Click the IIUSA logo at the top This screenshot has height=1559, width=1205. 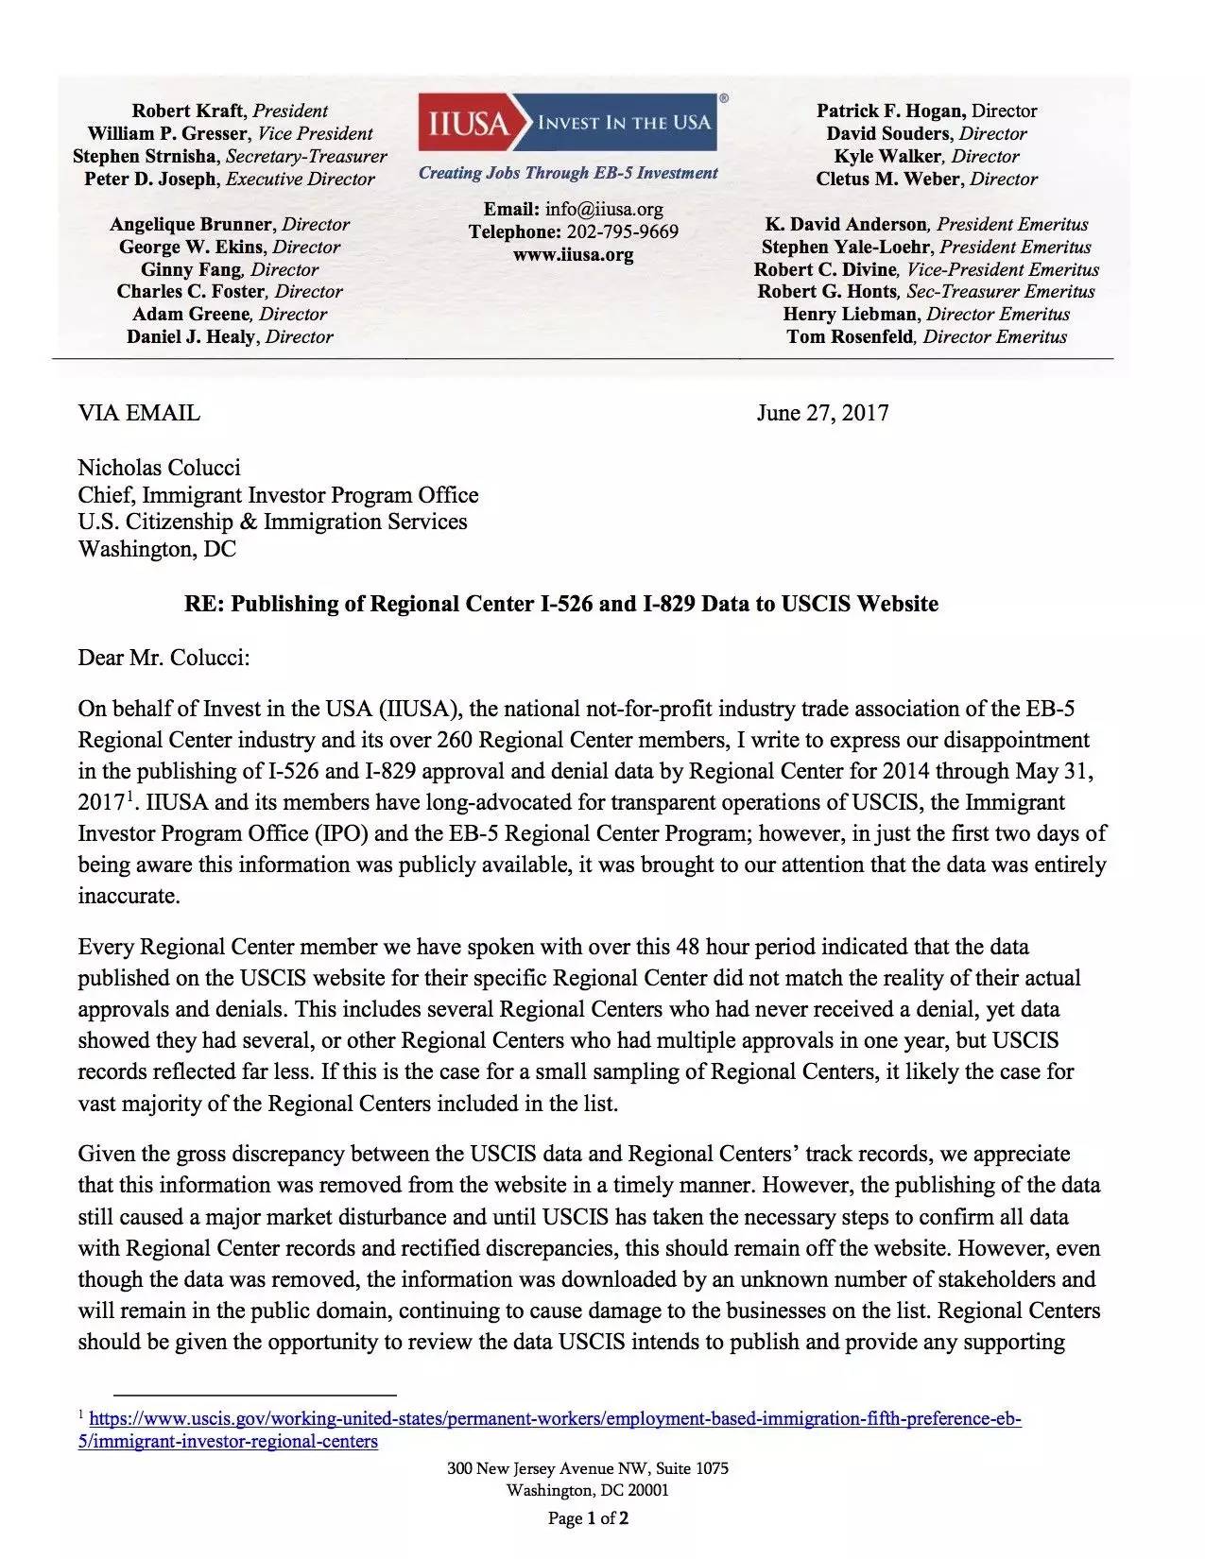click(566, 123)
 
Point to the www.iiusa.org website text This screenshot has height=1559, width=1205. click(573, 254)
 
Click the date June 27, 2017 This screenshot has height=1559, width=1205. click(822, 413)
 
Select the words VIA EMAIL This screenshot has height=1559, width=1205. click(139, 413)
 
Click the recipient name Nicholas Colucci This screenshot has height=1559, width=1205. click(159, 468)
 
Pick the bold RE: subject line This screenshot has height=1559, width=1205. click(561, 604)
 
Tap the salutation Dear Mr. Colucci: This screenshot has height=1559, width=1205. click(164, 658)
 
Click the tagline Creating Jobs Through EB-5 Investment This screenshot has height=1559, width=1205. click(568, 173)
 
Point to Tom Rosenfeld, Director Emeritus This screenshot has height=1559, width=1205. click(926, 337)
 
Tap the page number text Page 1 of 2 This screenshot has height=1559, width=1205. click(589, 1518)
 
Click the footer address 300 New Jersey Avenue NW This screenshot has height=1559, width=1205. click(588, 1468)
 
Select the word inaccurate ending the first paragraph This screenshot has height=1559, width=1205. click(128, 896)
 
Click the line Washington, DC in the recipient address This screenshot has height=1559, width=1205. click(157, 549)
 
